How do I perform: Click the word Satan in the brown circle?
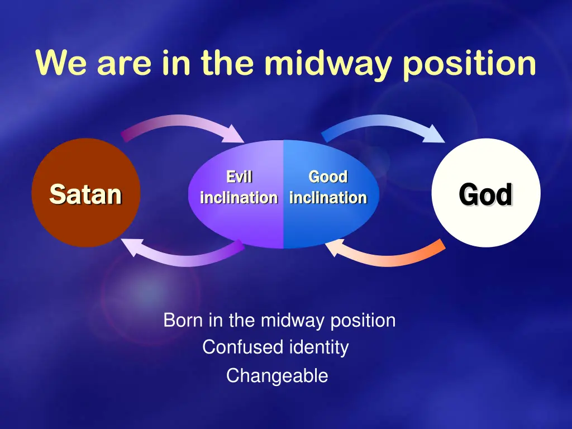click(x=85, y=194)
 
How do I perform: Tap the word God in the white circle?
click(x=485, y=194)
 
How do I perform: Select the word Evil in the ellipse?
click(x=239, y=177)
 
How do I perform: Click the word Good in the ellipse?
click(x=328, y=177)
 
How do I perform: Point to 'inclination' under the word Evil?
click(x=239, y=198)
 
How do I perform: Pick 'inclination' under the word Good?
click(x=328, y=198)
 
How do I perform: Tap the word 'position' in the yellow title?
click(x=469, y=63)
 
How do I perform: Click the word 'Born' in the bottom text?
click(x=183, y=320)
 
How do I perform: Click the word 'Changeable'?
click(x=277, y=376)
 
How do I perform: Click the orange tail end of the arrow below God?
click(x=442, y=245)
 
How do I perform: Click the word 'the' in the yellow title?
click(x=227, y=63)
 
